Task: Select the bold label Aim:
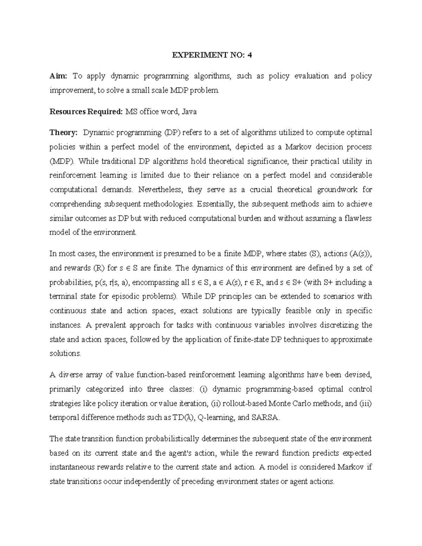coord(60,76)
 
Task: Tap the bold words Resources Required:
coord(86,112)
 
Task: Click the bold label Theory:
coord(63,133)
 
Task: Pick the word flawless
coord(358,218)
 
